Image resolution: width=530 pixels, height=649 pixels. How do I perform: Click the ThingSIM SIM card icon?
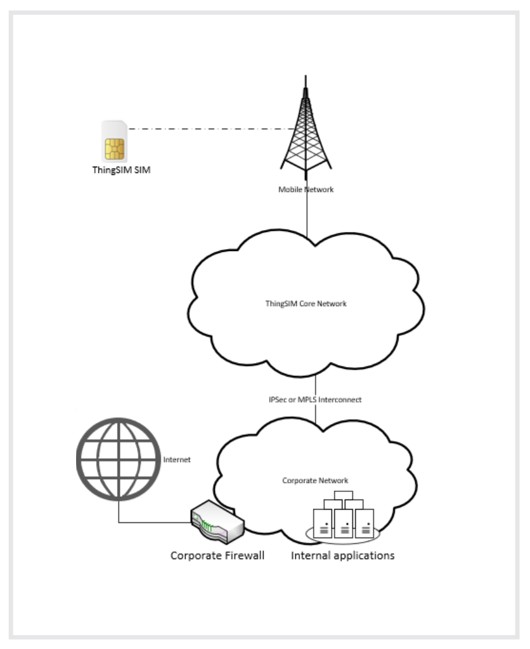click(114, 141)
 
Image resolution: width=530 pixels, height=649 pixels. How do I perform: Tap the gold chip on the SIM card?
click(114, 149)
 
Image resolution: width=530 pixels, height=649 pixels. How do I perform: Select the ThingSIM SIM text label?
click(121, 170)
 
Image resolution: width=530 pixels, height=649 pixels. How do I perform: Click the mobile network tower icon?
click(306, 128)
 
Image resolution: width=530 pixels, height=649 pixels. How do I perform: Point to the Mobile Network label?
click(306, 190)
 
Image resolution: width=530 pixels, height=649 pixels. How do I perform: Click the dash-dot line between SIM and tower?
click(210, 129)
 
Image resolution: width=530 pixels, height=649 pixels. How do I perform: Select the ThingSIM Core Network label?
click(306, 304)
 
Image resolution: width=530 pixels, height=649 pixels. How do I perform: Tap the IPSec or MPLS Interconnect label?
click(315, 400)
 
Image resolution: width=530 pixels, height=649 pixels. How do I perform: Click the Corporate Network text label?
click(315, 480)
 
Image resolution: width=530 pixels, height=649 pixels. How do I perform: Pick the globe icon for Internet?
click(119, 459)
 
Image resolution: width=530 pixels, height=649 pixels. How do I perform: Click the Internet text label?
click(177, 459)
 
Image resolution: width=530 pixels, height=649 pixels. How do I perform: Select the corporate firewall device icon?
click(217, 522)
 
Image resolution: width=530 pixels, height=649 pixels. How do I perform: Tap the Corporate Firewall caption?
click(217, 555)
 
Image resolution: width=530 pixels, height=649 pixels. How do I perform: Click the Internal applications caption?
click(343, 555)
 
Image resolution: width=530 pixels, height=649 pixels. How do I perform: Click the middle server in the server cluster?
click(343, 524)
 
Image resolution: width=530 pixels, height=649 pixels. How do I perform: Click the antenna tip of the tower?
click(306, 76)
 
